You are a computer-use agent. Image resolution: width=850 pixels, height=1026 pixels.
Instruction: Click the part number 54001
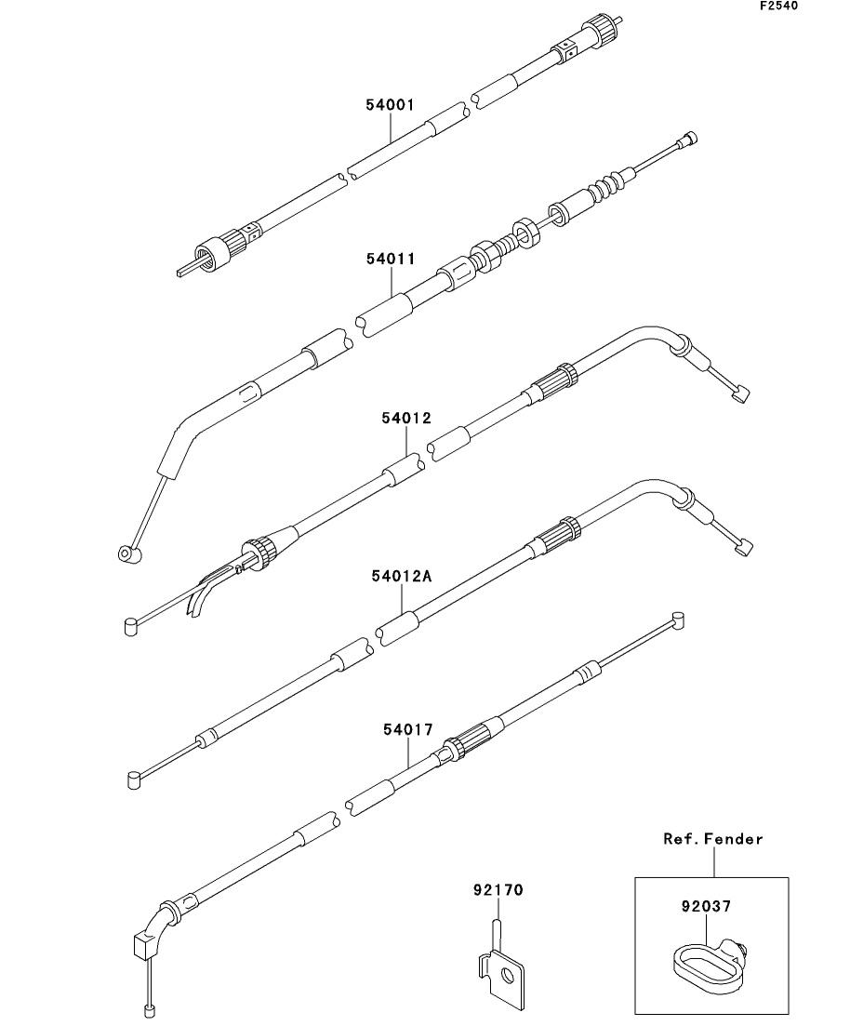[389, 106]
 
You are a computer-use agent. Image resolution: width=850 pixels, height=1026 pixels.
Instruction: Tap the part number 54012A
[405, 576]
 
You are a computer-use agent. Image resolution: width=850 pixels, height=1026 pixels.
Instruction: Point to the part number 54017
[407, 729]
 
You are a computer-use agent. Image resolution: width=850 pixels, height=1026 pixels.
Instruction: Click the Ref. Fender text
[712, 839]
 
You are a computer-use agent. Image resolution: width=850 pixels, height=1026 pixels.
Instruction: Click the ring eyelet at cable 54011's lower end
[126, 554]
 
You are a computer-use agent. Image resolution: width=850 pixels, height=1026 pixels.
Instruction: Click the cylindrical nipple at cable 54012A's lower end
[133, 778]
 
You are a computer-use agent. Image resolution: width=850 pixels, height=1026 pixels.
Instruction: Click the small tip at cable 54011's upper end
[687, 139]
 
